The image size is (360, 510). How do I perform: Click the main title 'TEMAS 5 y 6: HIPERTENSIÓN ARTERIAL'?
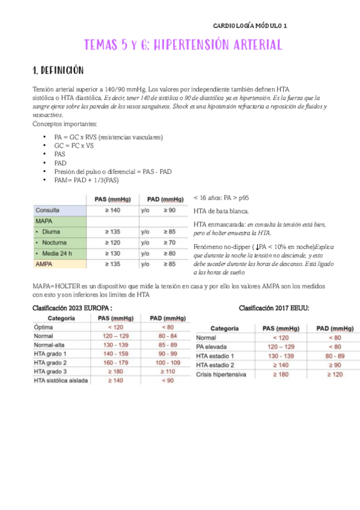(183, 45)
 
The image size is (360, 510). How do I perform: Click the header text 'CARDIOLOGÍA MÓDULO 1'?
(251, 26)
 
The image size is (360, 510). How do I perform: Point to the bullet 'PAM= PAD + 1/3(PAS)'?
(87, 179)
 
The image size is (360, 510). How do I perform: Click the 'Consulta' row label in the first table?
(47, 211)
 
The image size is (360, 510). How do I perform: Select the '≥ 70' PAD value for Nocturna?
(171, 242)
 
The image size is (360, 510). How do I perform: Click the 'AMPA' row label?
(45, 263)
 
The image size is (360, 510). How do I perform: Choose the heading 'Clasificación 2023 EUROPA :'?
(72, 307)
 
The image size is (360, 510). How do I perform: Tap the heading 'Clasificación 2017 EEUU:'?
(274, 307)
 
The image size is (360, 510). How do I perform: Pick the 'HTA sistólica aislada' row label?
(62, 381)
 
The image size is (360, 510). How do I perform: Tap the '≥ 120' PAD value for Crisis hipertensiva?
(334, 374)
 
